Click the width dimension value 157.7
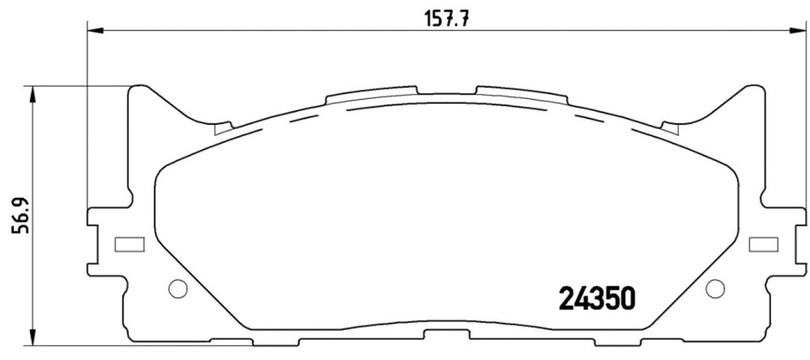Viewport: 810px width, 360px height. coord(446,19)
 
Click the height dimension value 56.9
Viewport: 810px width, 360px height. coord(20,216)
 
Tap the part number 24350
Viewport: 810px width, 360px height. coord(597,298)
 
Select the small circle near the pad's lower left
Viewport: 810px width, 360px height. coord(178,289)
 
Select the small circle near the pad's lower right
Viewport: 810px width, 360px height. coord(715,289)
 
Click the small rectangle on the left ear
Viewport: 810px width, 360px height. coord(129,244)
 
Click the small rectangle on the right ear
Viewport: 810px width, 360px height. coord(764,244)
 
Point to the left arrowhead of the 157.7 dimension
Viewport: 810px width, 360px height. coord(96,31)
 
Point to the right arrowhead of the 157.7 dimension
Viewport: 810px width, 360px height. coord(799,31)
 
